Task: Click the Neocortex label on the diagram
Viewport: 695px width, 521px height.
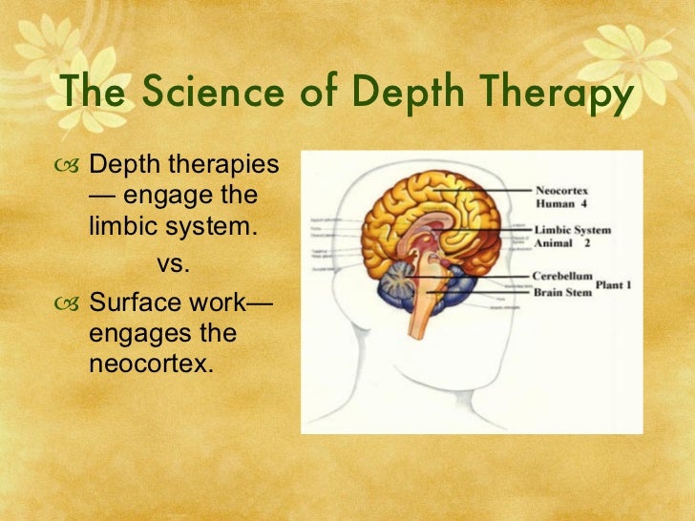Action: tap(561, 190)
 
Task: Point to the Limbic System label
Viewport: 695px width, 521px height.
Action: tap(573, 230)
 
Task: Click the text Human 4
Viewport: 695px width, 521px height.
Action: tap(561, 203)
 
